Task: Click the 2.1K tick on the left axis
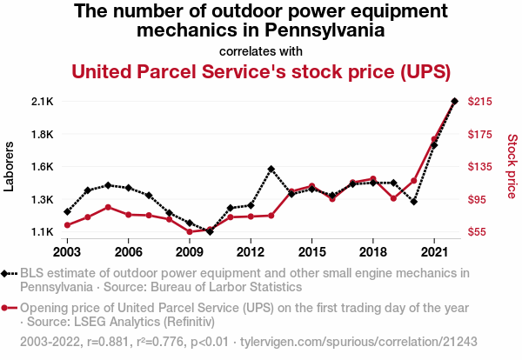[42, 102]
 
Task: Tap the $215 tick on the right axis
[481, 102]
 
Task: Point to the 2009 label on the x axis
[189, 252]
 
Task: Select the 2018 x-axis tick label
[372, 252]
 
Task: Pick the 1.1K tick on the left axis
[42, 232]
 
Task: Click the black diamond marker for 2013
[271, 169]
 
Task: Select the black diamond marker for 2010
[210, 231]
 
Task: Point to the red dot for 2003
[67, 225]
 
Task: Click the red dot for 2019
[393, 198]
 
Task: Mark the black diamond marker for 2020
[413, 202]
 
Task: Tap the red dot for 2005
[108, 207]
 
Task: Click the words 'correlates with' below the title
[261, 50]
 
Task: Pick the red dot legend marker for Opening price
[9, 308]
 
